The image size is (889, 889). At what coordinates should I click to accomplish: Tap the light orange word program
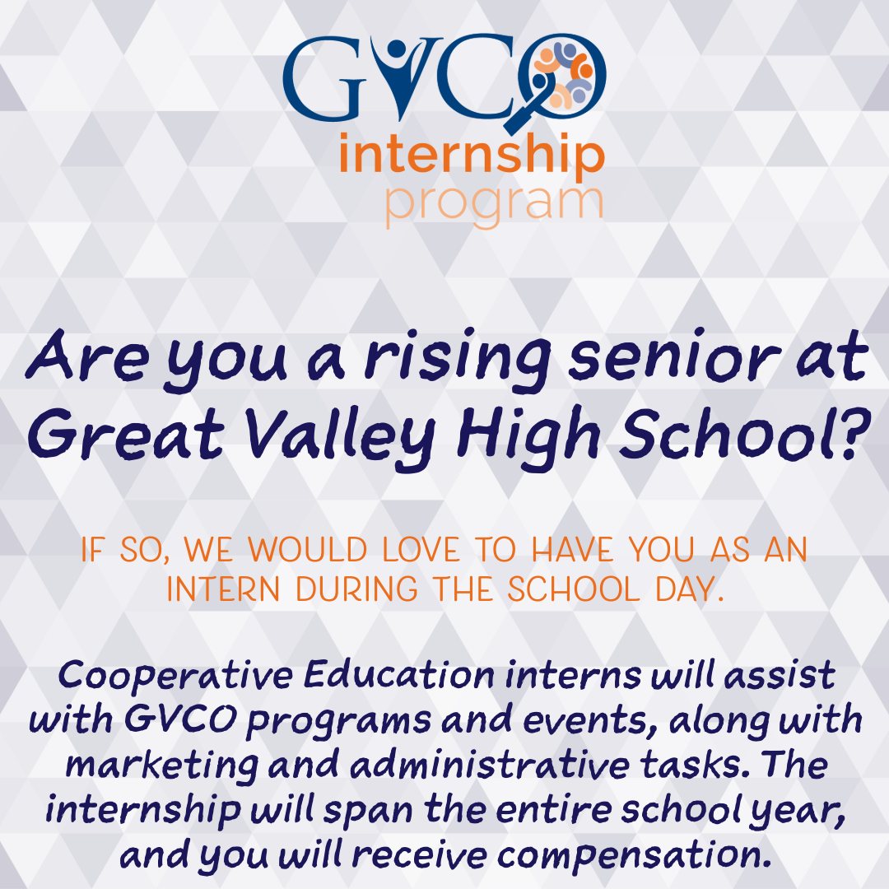pos(493,204)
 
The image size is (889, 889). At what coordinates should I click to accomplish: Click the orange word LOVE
pos(421,549)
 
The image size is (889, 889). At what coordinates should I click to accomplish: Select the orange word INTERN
pos(223,589)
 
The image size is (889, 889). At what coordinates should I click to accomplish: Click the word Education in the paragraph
pos(398,675)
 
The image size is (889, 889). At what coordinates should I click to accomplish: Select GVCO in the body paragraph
pos(180,719)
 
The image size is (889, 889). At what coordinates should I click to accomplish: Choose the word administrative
pos(489,764)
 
